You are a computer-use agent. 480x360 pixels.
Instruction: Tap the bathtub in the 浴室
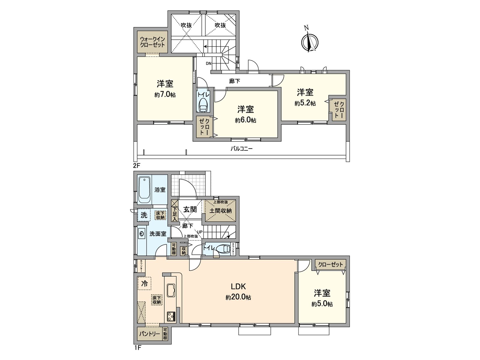[145, 190]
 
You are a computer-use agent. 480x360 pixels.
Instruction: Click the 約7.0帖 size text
[165, 95]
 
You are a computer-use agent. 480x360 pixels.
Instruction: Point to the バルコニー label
[241, 148]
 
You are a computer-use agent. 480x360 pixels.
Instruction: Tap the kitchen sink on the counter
[171, 290]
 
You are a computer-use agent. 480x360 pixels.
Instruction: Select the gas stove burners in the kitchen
[171, 316]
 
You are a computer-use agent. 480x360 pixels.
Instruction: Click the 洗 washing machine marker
[144, 215]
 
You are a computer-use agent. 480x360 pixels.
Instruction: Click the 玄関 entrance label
[190, 209]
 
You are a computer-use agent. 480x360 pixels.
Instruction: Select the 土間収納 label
[220, 211]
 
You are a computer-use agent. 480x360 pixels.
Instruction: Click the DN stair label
[209, 63]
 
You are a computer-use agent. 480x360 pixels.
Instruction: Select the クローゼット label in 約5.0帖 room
[331, 265]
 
